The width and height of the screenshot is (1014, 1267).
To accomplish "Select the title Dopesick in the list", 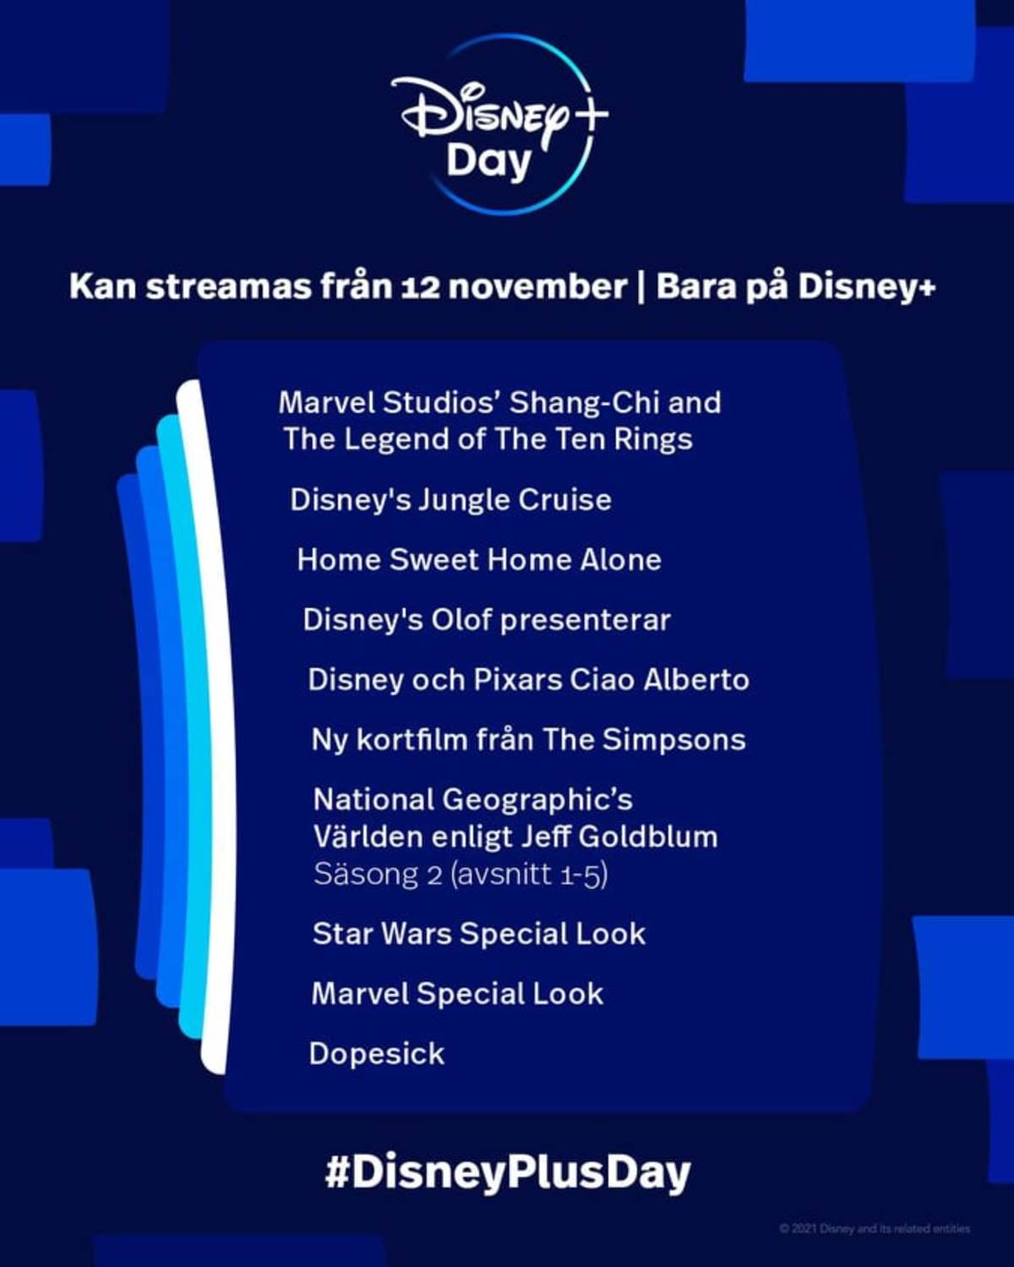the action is coord(377,1054).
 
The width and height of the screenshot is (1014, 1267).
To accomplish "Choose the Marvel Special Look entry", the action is coord(458,994).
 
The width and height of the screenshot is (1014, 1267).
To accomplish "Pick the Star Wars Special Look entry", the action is coord(479,933).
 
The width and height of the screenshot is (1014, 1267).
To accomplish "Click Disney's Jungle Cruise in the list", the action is coord(450,500).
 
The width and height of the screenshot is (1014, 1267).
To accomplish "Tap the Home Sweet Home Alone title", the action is coord(479,559).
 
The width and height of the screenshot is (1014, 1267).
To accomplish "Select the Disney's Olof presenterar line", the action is coord(487,620).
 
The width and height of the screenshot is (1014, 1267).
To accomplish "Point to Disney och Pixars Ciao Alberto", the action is coord(528,680).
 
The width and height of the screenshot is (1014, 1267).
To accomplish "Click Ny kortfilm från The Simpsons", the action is coord(528,740).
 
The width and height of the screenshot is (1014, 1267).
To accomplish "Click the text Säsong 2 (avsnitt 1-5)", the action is coord(461,874).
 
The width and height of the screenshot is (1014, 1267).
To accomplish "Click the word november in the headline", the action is coord(529,287).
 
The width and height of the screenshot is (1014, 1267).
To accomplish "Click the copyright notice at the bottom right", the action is coord(875,1229).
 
